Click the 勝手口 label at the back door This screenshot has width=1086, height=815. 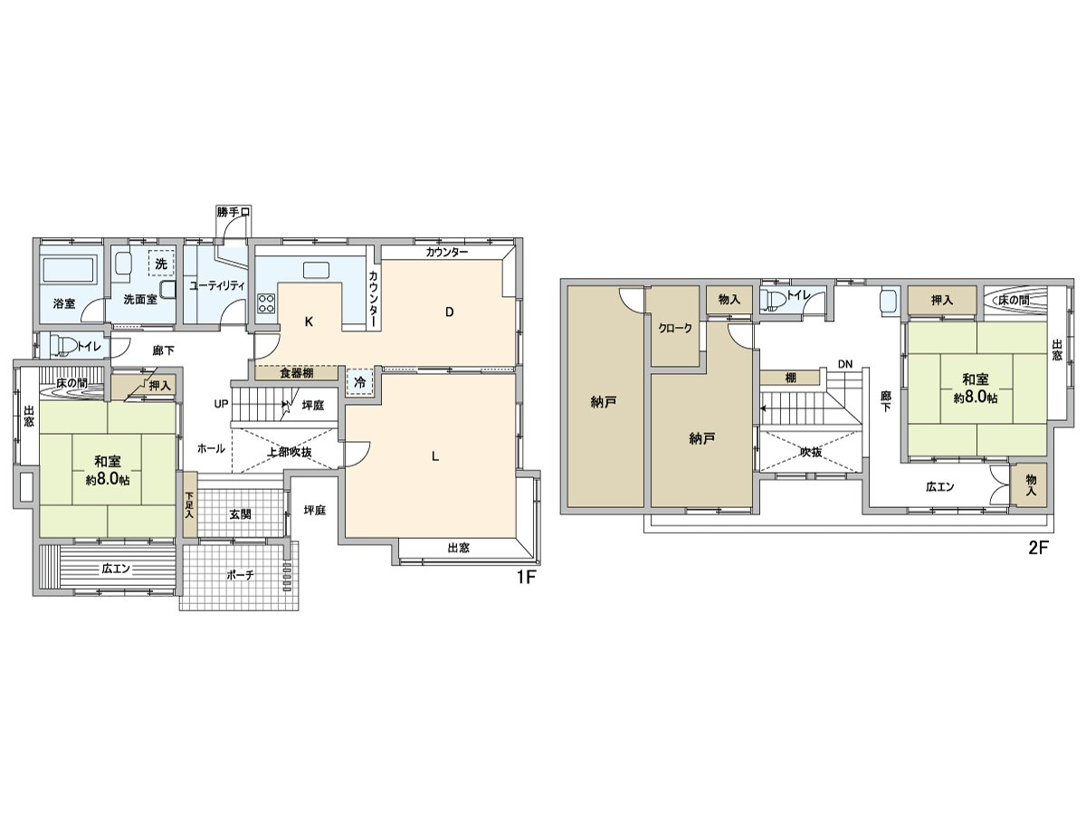tap(233, 212)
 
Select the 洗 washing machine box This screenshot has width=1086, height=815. tap(160, 264)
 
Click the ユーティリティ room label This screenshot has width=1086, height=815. tap(217, 284)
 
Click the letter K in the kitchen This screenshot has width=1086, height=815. tap(309, 321)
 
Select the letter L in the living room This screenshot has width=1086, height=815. tap(435, 456)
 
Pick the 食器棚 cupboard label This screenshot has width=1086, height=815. tap(297, 372)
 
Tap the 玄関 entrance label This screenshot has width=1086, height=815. tap(239, 513)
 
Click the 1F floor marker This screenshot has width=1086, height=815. tap(528, 577)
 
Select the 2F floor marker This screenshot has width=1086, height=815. tap(1037, 548)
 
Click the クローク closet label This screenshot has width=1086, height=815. tap(675, 328)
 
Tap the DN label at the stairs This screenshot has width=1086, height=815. tap(844, 364)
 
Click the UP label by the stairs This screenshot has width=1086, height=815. tap(220, 404)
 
